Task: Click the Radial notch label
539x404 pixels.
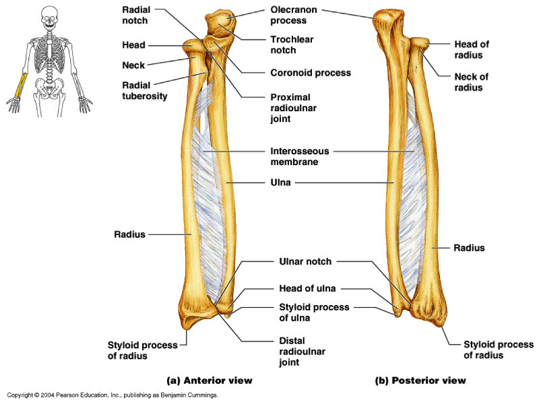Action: [x=135, y=15]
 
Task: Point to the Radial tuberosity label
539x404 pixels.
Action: [x=145, y=90]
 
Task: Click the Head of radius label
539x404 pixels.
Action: [x=471, y=49]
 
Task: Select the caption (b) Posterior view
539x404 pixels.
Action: [x=420, y=381]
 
